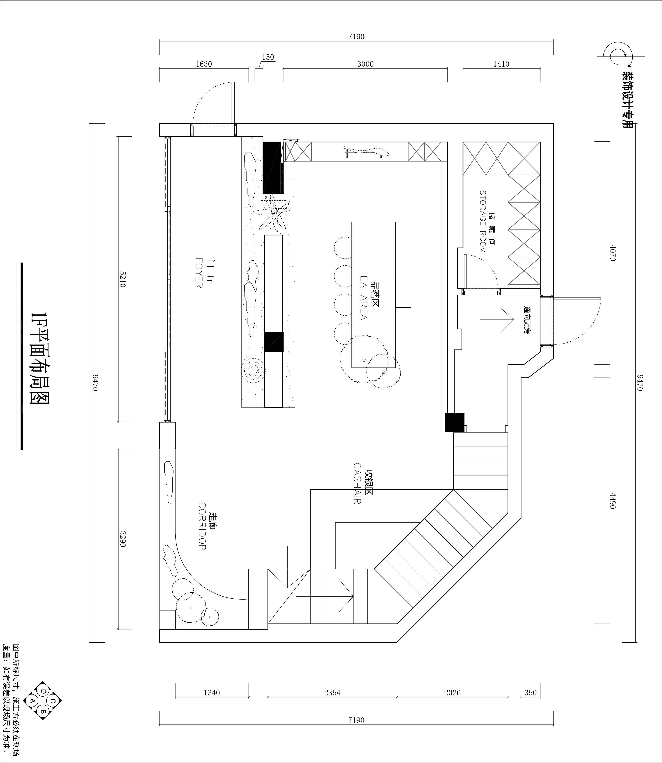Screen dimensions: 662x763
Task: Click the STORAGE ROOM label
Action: coord(483,222)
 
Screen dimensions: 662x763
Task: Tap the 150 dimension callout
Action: coord(268,57)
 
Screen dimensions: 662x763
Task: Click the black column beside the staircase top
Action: coord(455,422)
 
